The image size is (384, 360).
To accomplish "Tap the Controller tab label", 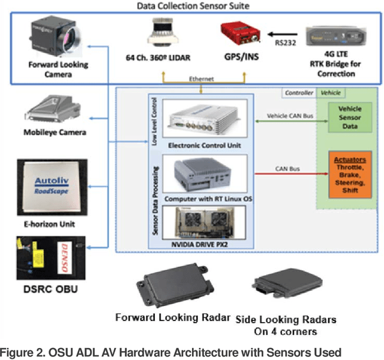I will tap(298, 94).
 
